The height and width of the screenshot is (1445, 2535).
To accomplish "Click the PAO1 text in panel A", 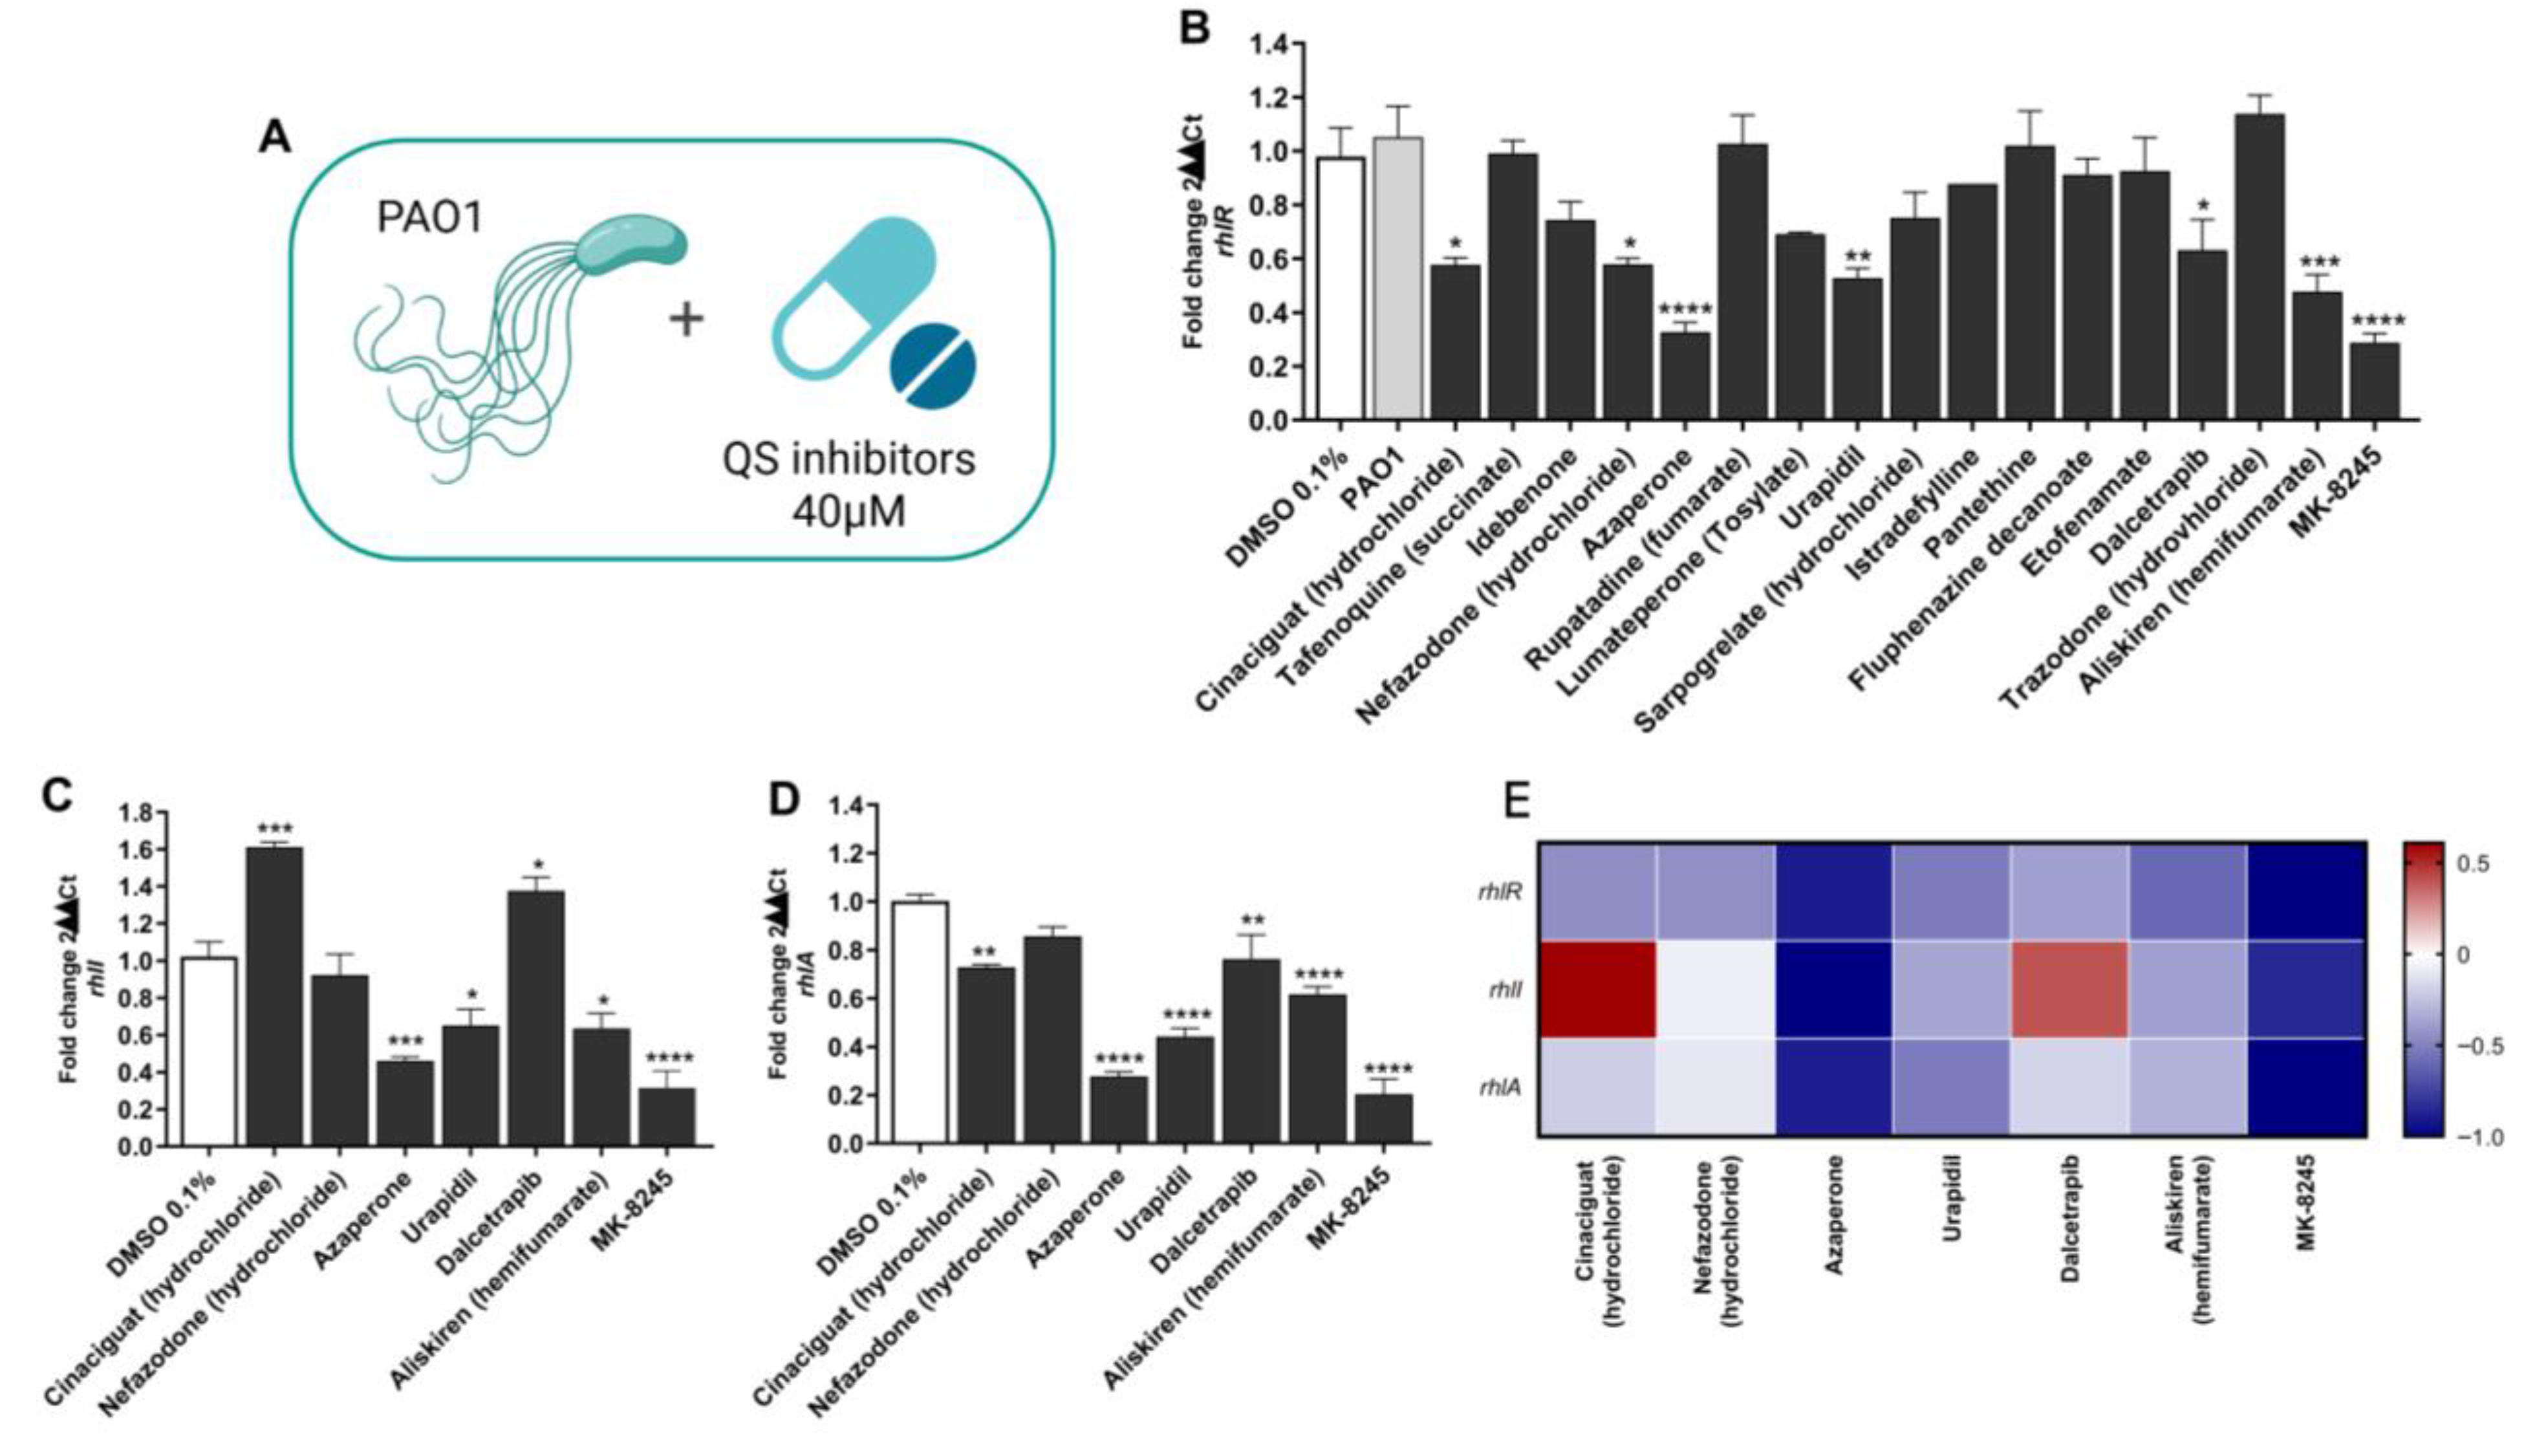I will click(x=429, y=215).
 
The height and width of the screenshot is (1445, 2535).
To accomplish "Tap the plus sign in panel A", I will click(x=685, y=320).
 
